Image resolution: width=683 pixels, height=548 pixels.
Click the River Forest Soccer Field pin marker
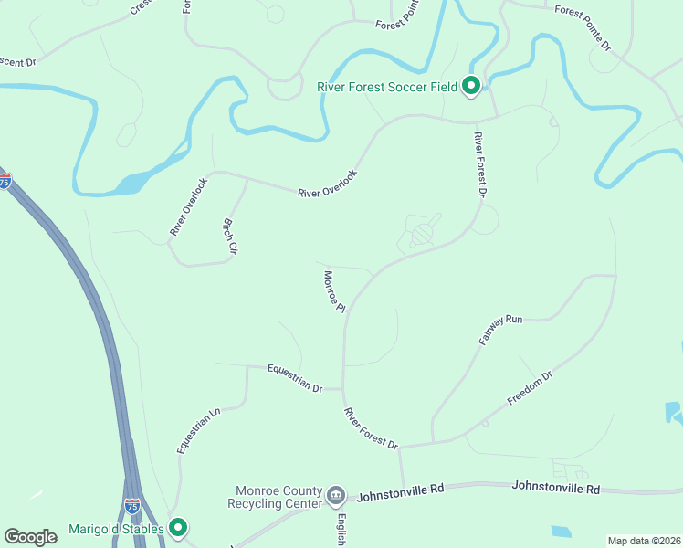tap(471, 86)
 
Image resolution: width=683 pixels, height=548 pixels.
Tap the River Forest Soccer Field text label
tap(387, 88)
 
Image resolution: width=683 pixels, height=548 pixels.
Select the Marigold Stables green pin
tap(179, 527)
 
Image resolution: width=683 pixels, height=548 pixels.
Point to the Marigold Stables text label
tap(116, 529)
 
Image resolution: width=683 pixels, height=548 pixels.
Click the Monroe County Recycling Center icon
tap(335, 496)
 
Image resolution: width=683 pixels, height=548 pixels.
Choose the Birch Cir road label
tap(231, 236)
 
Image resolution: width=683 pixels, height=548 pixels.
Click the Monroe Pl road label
tap(333, 290)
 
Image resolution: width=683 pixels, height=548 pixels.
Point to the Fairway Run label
tap(499, 330)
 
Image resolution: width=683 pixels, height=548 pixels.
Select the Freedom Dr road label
tap(530, 390)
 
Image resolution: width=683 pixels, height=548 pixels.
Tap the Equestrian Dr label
tap(295, 378)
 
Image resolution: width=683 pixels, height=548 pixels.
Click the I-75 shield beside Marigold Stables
tap(132, 505)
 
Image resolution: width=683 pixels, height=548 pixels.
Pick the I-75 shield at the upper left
tap(5, 181)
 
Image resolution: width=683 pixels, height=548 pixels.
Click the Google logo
tap(30, 537)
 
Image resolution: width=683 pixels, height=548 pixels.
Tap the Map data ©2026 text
tap(644, 541)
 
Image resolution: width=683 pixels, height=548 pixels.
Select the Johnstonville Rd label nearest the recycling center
tap(400, 493)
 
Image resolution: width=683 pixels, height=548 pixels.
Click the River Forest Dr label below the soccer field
tap(480, 165)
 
